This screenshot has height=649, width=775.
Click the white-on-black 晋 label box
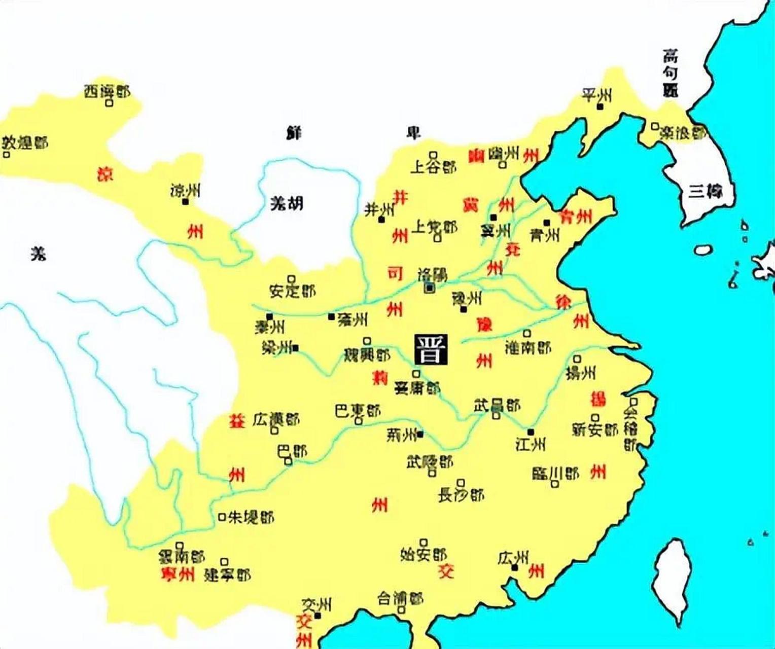[x=431, y=349]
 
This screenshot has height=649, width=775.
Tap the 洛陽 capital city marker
[x=430, y=288]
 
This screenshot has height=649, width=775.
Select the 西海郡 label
[x=107, y=91]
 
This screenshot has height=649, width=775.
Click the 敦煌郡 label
[x=25, y=142]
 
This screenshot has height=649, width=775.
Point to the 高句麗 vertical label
[x=671, y=73]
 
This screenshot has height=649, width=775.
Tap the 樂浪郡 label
[x=683, y=133]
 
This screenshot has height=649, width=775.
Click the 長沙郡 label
[x=461, y=495]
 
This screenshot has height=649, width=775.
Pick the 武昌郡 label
[x=497, y=405]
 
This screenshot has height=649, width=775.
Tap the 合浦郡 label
[x=400, y=599]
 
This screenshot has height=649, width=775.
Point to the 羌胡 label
[x=286, y=204]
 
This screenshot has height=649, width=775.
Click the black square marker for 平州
[x=600, y=107]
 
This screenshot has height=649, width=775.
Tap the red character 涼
[x=105, y=174]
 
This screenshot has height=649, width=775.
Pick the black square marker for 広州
[x=514, y=567]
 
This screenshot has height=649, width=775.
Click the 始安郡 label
[x=423, y=554]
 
